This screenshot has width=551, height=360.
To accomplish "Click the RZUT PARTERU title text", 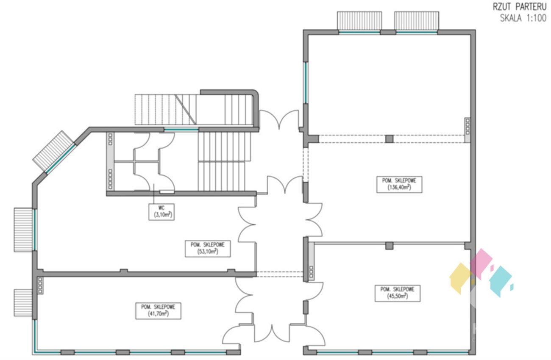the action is click(x=520, y=7).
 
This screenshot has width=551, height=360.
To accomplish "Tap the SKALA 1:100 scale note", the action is click(x=523, y=18).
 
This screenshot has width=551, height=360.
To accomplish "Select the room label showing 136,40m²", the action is click(x=399, y=184).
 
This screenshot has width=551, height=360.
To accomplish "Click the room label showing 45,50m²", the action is click(x=398, y=293).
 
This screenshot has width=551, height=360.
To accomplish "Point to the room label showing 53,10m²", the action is click(x=208, y=249).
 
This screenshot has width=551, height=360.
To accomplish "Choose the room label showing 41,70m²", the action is click(x=158, y=311).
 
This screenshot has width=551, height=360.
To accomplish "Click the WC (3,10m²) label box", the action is click(x=161, y=212).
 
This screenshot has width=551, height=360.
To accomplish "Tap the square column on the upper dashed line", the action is click(x=389, y=139).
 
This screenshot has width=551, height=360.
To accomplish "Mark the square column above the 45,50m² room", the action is click(x=389, y=246).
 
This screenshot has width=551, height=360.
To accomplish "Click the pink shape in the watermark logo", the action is click(x=481, y=264).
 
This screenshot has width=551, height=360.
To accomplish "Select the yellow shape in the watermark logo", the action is click(x=460, y=278).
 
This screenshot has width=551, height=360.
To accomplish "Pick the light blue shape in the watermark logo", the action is click(x=501, y=281).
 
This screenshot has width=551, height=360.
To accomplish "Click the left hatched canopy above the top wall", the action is click(x=359, y=20).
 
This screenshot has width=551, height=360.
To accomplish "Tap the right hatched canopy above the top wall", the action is click(x=417, y=20).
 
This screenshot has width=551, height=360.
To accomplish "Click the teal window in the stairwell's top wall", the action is click(x=181, y=129).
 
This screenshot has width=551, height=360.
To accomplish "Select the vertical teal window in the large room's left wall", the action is click(x=306, y=83).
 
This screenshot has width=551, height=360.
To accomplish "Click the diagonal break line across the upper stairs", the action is click(x=186, y=110).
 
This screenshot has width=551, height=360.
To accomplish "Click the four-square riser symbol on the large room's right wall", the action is click(x=468, y=127).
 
